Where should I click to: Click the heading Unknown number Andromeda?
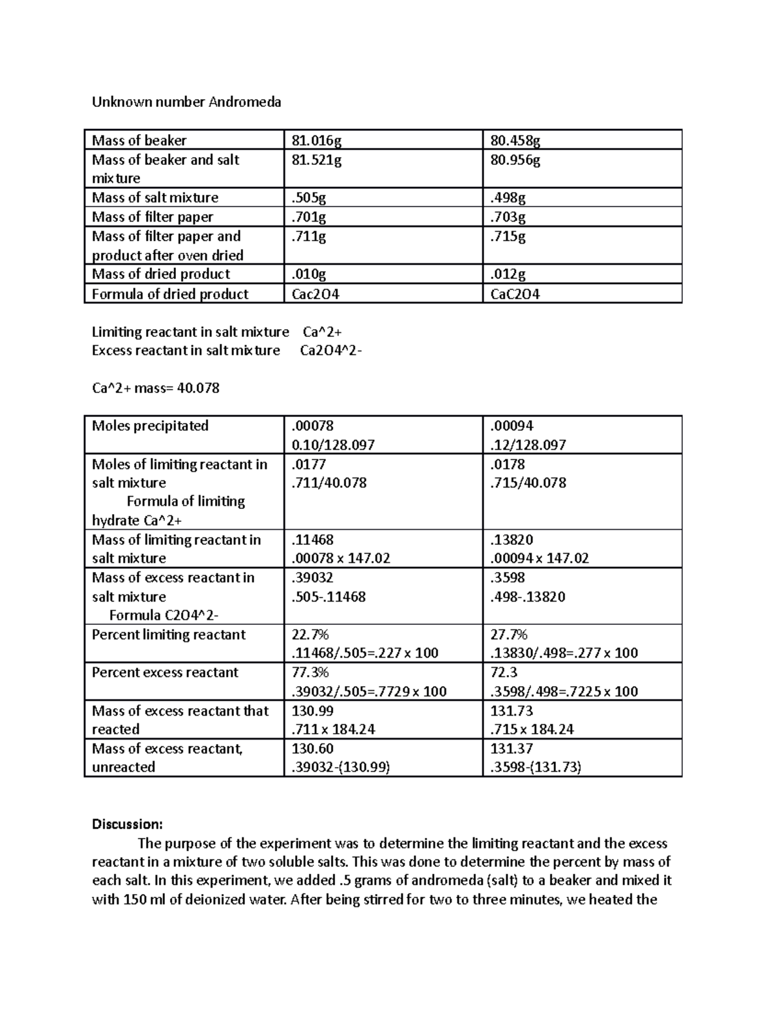(x=186, y=102)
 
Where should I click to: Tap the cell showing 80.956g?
(x=515, y=160)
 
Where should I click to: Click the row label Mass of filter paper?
(x=152, y=216)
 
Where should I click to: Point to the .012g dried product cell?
(x=508, y=274)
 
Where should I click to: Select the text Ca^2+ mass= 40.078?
(x=156, y=388)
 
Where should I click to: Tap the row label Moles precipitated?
(x=150, y=426)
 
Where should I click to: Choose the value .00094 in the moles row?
(x=512, y=426)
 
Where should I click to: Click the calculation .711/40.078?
(x=329, y=483)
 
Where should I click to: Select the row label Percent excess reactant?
(x=165, y=672)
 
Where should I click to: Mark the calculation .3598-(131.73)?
(x=536, y=767)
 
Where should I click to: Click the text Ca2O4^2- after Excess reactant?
(x=330, y=351)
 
